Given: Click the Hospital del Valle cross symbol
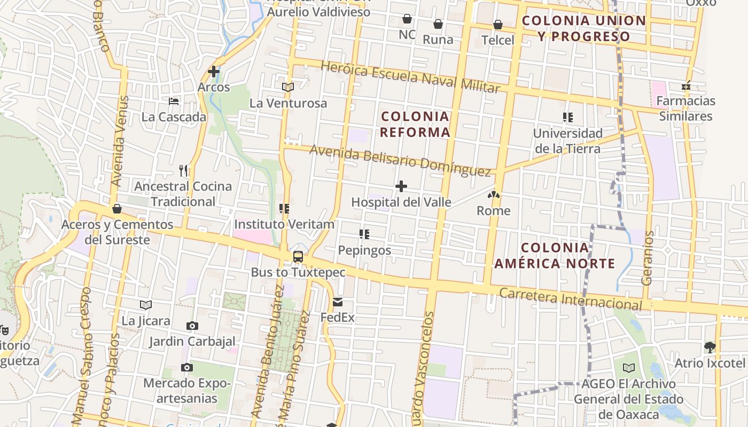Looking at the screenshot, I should tap(401, 186).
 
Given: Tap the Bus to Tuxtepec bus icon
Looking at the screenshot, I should tap(298, 257).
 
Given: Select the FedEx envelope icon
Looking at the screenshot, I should tap(338, 302).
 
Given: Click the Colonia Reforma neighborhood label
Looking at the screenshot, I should tap(415, 124).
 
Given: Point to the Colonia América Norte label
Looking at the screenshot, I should tap(555, 256).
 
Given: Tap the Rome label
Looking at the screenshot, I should tap(494, 211).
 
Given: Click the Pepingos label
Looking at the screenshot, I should tap(364, 250).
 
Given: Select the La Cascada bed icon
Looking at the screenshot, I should tap(174, 101).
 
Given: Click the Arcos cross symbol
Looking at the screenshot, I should tap(214, 71).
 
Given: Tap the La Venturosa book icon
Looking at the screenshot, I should tap(288, 87).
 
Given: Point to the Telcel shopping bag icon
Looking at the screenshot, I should tap(498, 25).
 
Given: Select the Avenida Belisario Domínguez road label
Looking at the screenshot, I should tap(400, 161).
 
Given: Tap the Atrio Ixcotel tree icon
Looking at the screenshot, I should tap(710, 347).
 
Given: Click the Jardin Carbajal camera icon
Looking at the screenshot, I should tap(192, 326).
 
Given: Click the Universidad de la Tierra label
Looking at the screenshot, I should tap(568, 141).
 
